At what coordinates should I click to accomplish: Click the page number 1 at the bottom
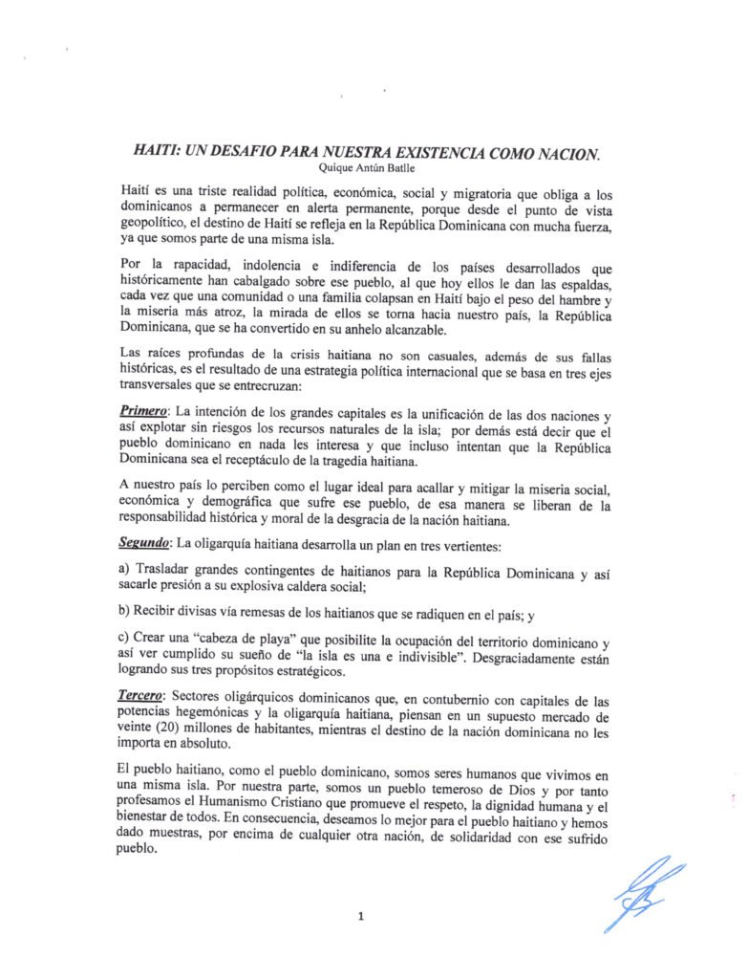click(362, 916)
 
